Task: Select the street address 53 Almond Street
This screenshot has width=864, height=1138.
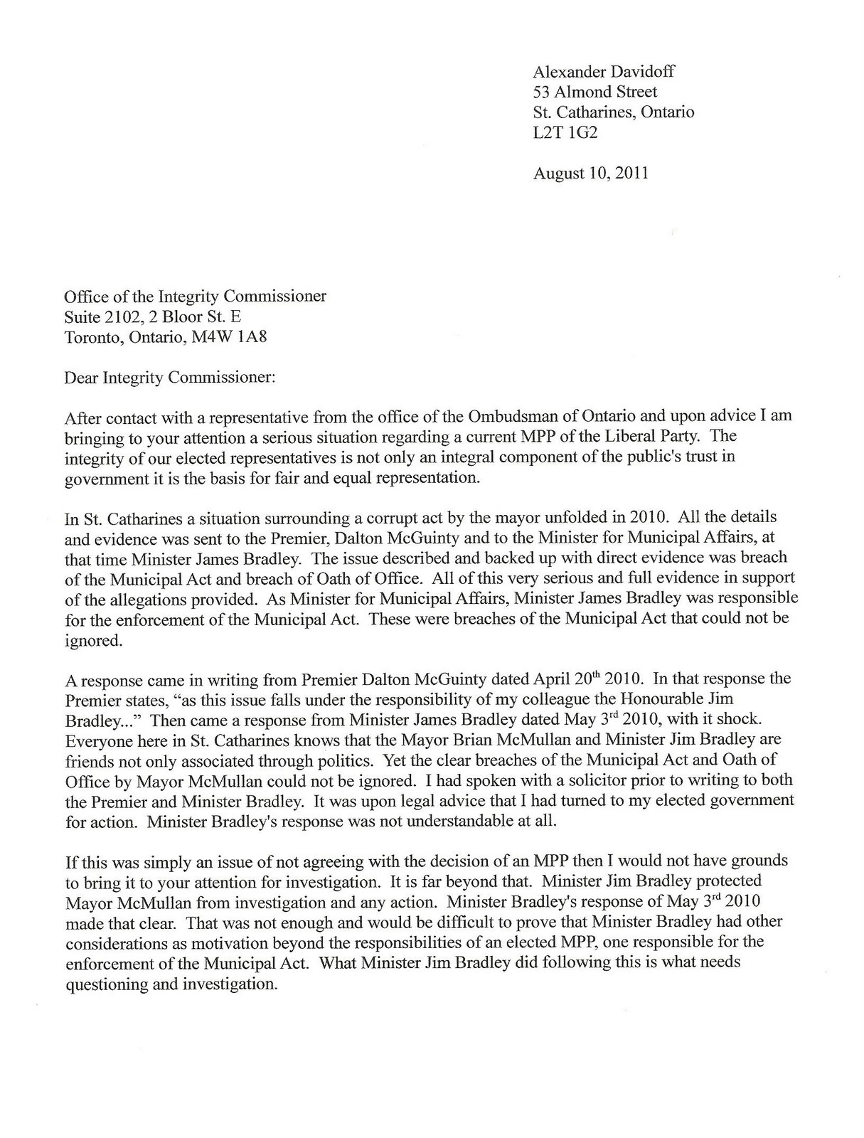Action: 594,92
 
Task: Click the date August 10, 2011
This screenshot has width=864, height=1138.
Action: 590,173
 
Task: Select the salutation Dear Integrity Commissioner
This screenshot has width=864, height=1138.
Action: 169,378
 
